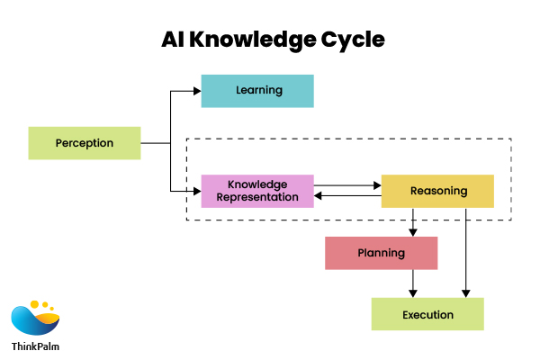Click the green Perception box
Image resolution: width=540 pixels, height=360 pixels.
click(85, 143)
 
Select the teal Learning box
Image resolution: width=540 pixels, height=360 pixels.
click(257, 91)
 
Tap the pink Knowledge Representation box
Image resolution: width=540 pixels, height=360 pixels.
click(257, 191)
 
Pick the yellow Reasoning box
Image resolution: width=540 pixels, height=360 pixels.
click(437, 191)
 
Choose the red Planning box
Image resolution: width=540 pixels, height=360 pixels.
click(381, 253)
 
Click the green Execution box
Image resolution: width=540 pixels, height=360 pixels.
click(427, 315)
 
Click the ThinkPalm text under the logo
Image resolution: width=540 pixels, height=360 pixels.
click(36, 346)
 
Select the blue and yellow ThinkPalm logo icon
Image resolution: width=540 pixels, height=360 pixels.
click(35, 319)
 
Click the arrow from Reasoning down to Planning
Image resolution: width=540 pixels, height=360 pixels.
click(413, 222)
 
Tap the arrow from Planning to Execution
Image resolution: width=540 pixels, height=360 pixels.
click(413, 283)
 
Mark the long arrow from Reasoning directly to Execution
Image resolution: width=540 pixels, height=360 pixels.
click(466, 252)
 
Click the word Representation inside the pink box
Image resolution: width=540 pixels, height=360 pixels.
click(257, 197)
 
